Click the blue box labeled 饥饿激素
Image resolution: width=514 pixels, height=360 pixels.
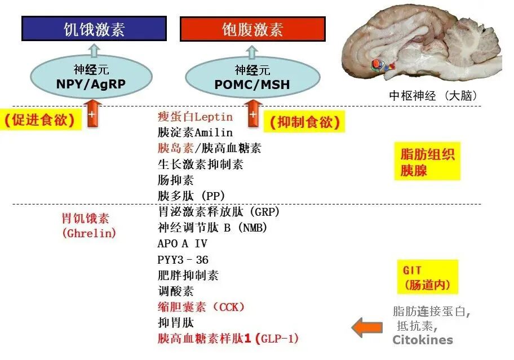94,28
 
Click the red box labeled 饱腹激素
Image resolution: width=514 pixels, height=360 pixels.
252,29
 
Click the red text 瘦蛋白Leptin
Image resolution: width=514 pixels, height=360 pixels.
194,117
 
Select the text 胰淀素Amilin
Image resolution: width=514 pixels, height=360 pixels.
194,133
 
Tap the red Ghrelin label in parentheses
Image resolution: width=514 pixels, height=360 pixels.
88,233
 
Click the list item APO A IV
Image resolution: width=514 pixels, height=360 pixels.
182,244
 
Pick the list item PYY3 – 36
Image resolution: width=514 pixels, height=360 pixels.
183,260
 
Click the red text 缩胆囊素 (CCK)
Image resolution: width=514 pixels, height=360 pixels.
201,307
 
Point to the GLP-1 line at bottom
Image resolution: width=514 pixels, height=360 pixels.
228,339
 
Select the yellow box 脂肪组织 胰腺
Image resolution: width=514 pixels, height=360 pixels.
427,162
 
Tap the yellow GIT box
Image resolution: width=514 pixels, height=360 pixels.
427,278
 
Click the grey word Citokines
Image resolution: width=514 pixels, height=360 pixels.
422,340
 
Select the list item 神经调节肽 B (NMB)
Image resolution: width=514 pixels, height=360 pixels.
212,228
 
